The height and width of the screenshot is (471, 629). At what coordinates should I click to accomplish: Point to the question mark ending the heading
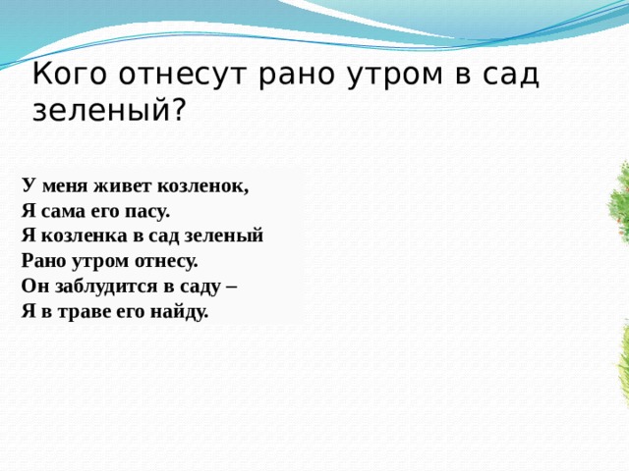(176, 111)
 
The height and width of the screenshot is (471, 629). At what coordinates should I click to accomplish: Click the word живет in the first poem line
(126, 184)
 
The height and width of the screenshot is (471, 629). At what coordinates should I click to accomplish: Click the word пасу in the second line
(148, 210)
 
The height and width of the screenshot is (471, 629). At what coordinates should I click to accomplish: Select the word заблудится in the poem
(99, 287)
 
